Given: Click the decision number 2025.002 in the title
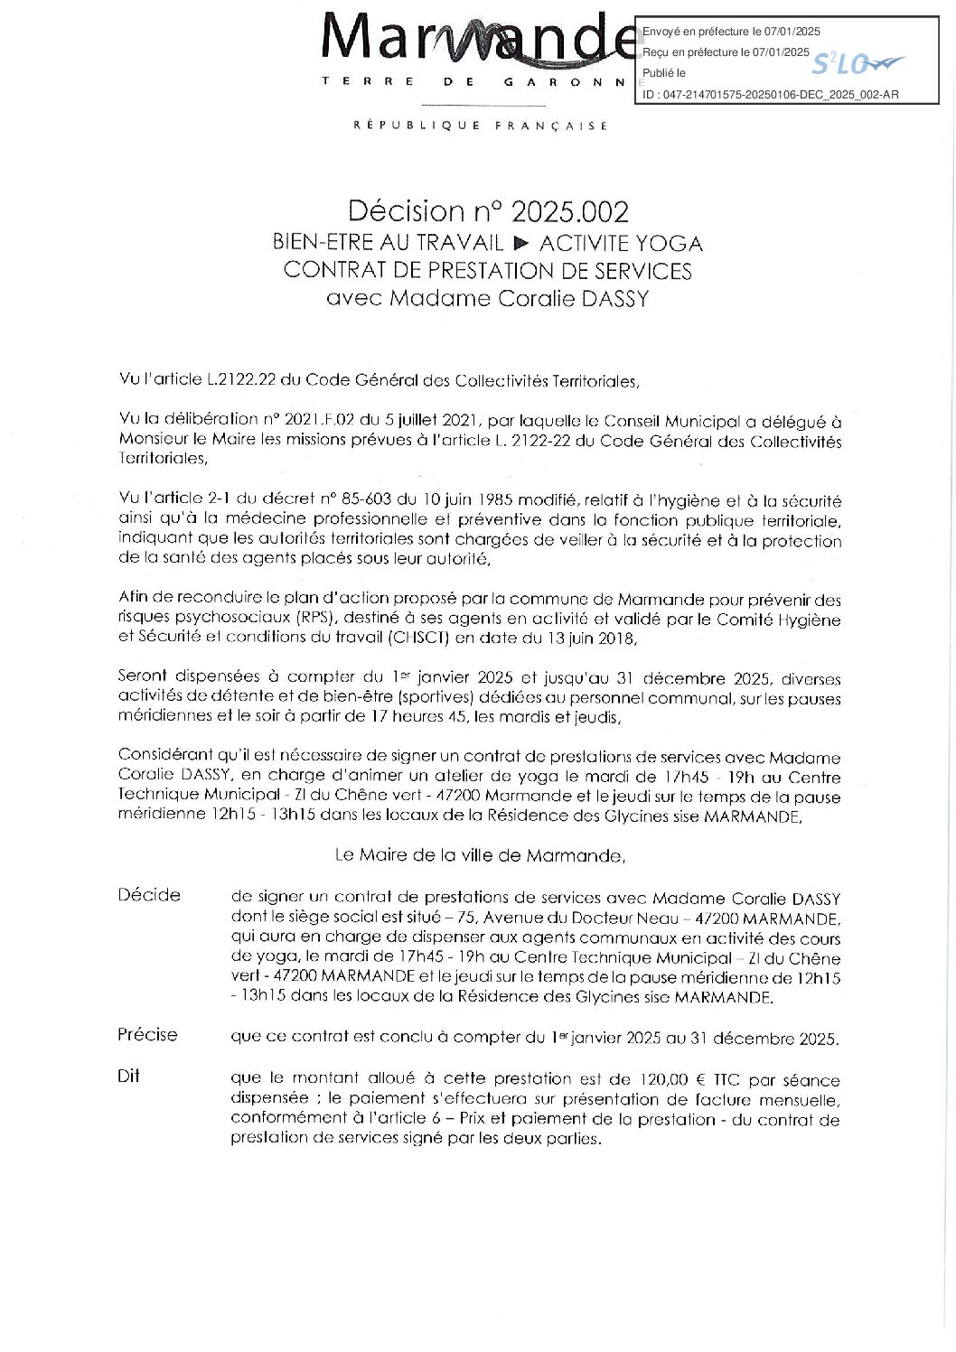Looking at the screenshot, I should pos(569,211).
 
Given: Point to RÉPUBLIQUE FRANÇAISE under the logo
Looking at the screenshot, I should pos(481,126).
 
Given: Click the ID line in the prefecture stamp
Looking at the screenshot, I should pos(770,93).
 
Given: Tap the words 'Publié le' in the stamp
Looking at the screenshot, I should pos(664,73).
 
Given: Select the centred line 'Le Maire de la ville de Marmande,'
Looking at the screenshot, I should pos(479,854).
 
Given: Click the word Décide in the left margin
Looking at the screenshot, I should pos(149,895).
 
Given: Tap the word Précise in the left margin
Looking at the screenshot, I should pos(147,1035).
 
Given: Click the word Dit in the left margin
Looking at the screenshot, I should pos(128,1077).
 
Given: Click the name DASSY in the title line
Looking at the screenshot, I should pos(614,299).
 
